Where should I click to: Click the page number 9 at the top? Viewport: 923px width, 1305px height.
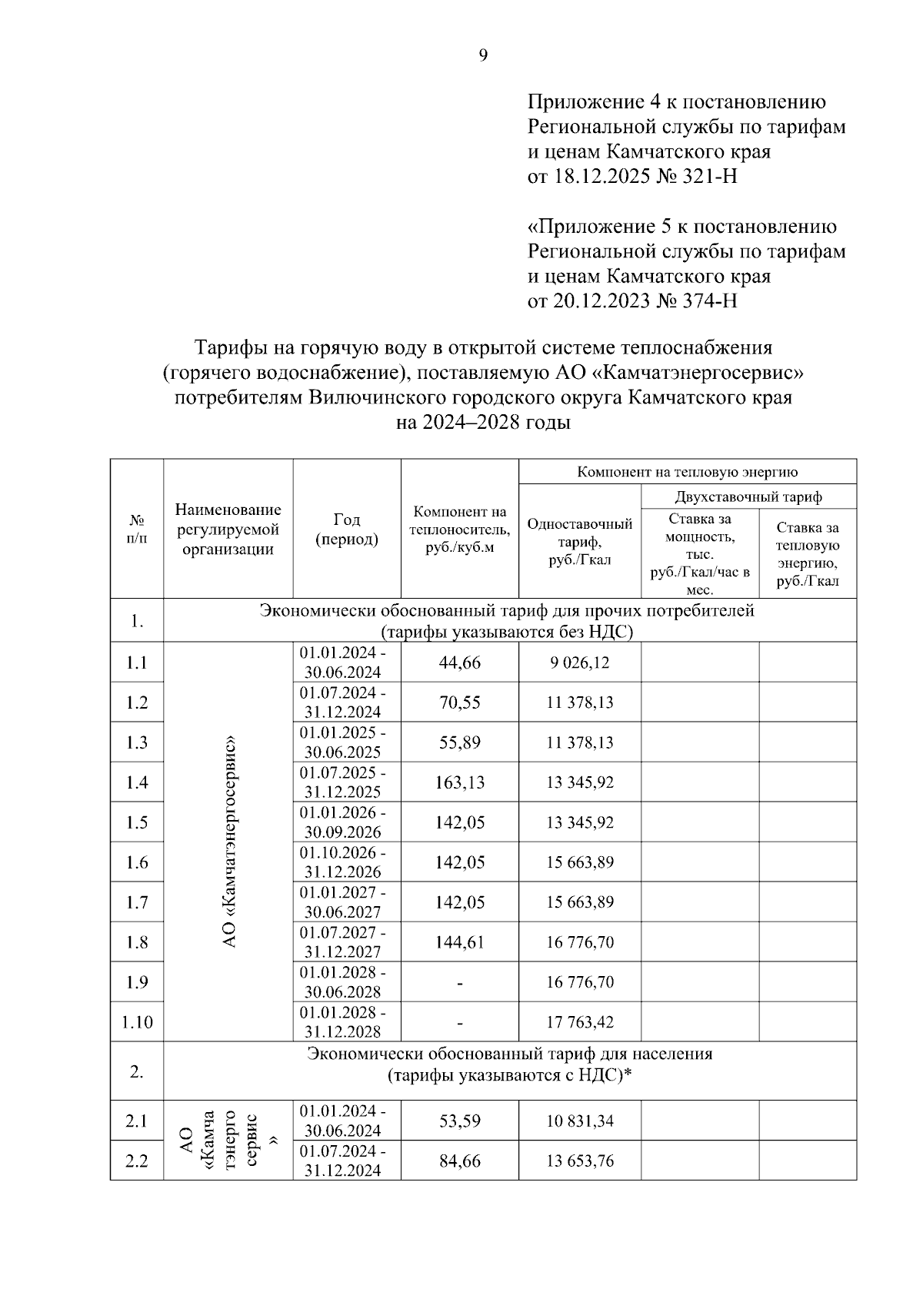(483, 55)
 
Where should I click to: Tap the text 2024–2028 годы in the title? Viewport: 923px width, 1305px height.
(483, 423)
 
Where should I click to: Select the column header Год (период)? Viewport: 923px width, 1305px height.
(346, 530)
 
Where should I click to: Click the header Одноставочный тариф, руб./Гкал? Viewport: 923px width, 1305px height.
(580, 541)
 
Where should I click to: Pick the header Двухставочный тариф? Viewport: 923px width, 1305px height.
(748, 496)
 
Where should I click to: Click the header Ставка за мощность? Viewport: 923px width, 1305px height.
(700, 553)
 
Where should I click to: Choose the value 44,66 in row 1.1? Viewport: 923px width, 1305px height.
(460, 662)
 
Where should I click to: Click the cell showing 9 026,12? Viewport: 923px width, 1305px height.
(580, 662)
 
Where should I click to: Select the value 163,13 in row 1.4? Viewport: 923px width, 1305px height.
(460, 782)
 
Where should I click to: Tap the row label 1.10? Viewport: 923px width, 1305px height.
(137, 1022)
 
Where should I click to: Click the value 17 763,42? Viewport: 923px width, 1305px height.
(580, 1022)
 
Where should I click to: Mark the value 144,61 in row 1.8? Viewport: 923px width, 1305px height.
(460, 942)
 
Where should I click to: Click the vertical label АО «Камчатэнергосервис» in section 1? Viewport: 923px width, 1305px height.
(228, 842)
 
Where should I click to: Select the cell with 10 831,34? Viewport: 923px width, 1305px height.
(580, 1121)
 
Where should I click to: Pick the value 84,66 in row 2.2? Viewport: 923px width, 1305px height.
(460, 1161)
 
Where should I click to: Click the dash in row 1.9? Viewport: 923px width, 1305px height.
(460, 983)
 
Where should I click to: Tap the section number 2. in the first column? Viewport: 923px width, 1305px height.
(137, 1072)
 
